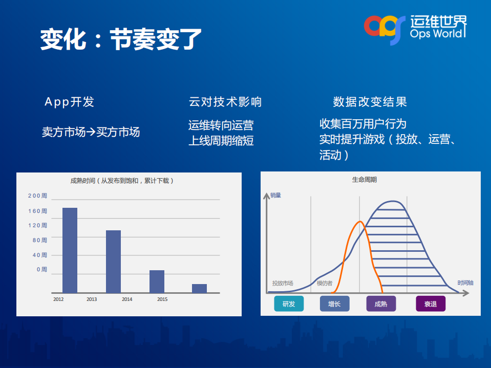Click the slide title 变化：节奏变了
(x=121, y=39)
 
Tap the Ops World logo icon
(x=381, y=28)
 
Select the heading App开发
(x=69, y=102)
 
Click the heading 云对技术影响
(x=225, y=102)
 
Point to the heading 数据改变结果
(x=370, y=102)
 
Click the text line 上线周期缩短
(x=221, y=140)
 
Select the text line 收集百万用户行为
(x=362, y=124)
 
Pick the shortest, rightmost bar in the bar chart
(x=199, y=288)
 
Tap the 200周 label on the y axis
(x=37, y=196)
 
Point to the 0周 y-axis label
(x=41, y=269)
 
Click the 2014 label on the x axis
(x=127, y=299)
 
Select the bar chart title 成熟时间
(x=122, y=181)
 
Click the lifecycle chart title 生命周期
(x=364, y=180)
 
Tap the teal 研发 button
(x=289, y=304)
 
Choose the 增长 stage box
(x=334, y=304)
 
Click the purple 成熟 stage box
(x=381, y=304)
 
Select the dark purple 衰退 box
(x=430, y=304)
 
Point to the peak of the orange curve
(x=360, y=222)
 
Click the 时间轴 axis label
(x=465, y=283)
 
